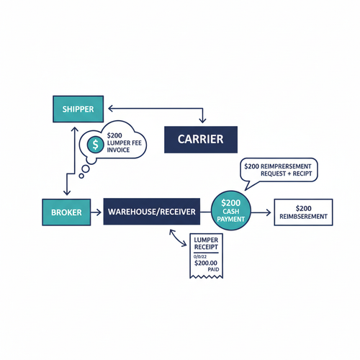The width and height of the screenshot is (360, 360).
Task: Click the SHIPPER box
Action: click(x=78, y=108)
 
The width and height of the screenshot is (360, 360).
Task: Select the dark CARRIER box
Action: click(x=201, y=138)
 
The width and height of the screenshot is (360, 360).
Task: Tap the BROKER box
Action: click(x=66, y=212)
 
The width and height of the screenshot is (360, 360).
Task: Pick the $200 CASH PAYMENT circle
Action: click(x=230, y=211)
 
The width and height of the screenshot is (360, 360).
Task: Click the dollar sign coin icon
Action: click(x=95, y=145)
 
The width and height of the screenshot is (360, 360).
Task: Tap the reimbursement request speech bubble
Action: click(x=279, y=170)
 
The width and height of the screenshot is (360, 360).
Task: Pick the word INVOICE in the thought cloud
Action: click(x=120, y=152)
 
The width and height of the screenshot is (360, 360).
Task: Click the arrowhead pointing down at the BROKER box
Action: click(x=66, y=193)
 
